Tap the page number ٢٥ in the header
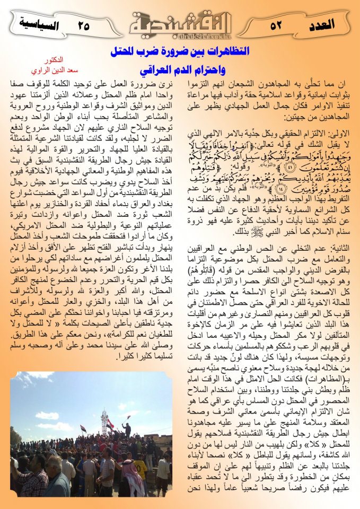pyautogui.click(x=84, y=24)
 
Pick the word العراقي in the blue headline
pyautogui.click(x=154, y=70)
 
